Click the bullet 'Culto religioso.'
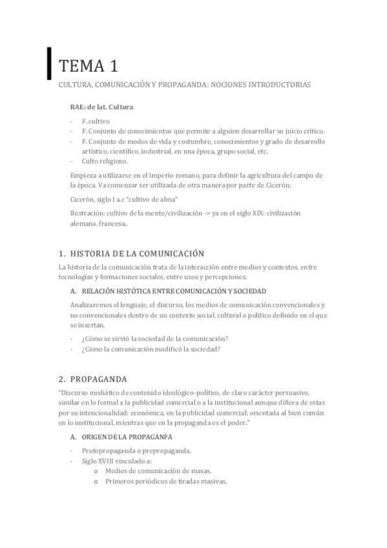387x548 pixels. click(105, 161)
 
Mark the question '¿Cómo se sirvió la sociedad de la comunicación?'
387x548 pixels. click(155, 339)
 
